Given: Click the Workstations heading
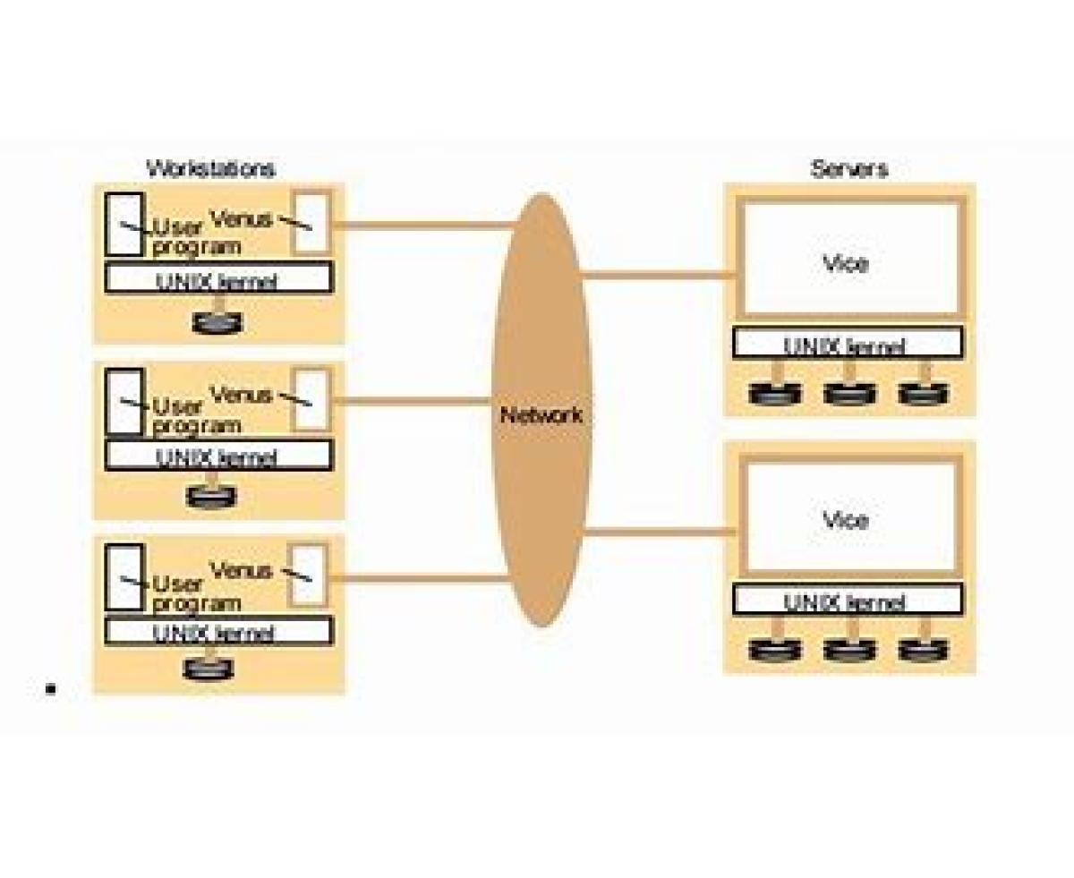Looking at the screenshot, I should (210, 168).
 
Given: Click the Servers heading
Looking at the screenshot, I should (848, 168).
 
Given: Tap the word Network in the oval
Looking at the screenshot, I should (541, 415).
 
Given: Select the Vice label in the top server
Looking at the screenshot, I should (845, 264).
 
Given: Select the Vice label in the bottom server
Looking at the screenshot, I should (845, 520).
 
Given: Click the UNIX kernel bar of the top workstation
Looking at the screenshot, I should (217, 279).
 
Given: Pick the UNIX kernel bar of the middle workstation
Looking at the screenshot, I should (217, 456).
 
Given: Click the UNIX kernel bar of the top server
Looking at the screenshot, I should (847, 343).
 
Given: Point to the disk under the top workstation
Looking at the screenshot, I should (217, 322).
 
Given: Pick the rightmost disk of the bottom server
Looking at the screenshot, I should (924, 649).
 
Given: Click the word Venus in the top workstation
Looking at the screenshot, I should (241, 217).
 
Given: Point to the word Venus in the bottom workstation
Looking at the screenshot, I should (241, 570).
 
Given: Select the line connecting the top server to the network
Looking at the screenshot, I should (658, 275).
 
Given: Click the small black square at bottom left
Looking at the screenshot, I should (51, 688).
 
